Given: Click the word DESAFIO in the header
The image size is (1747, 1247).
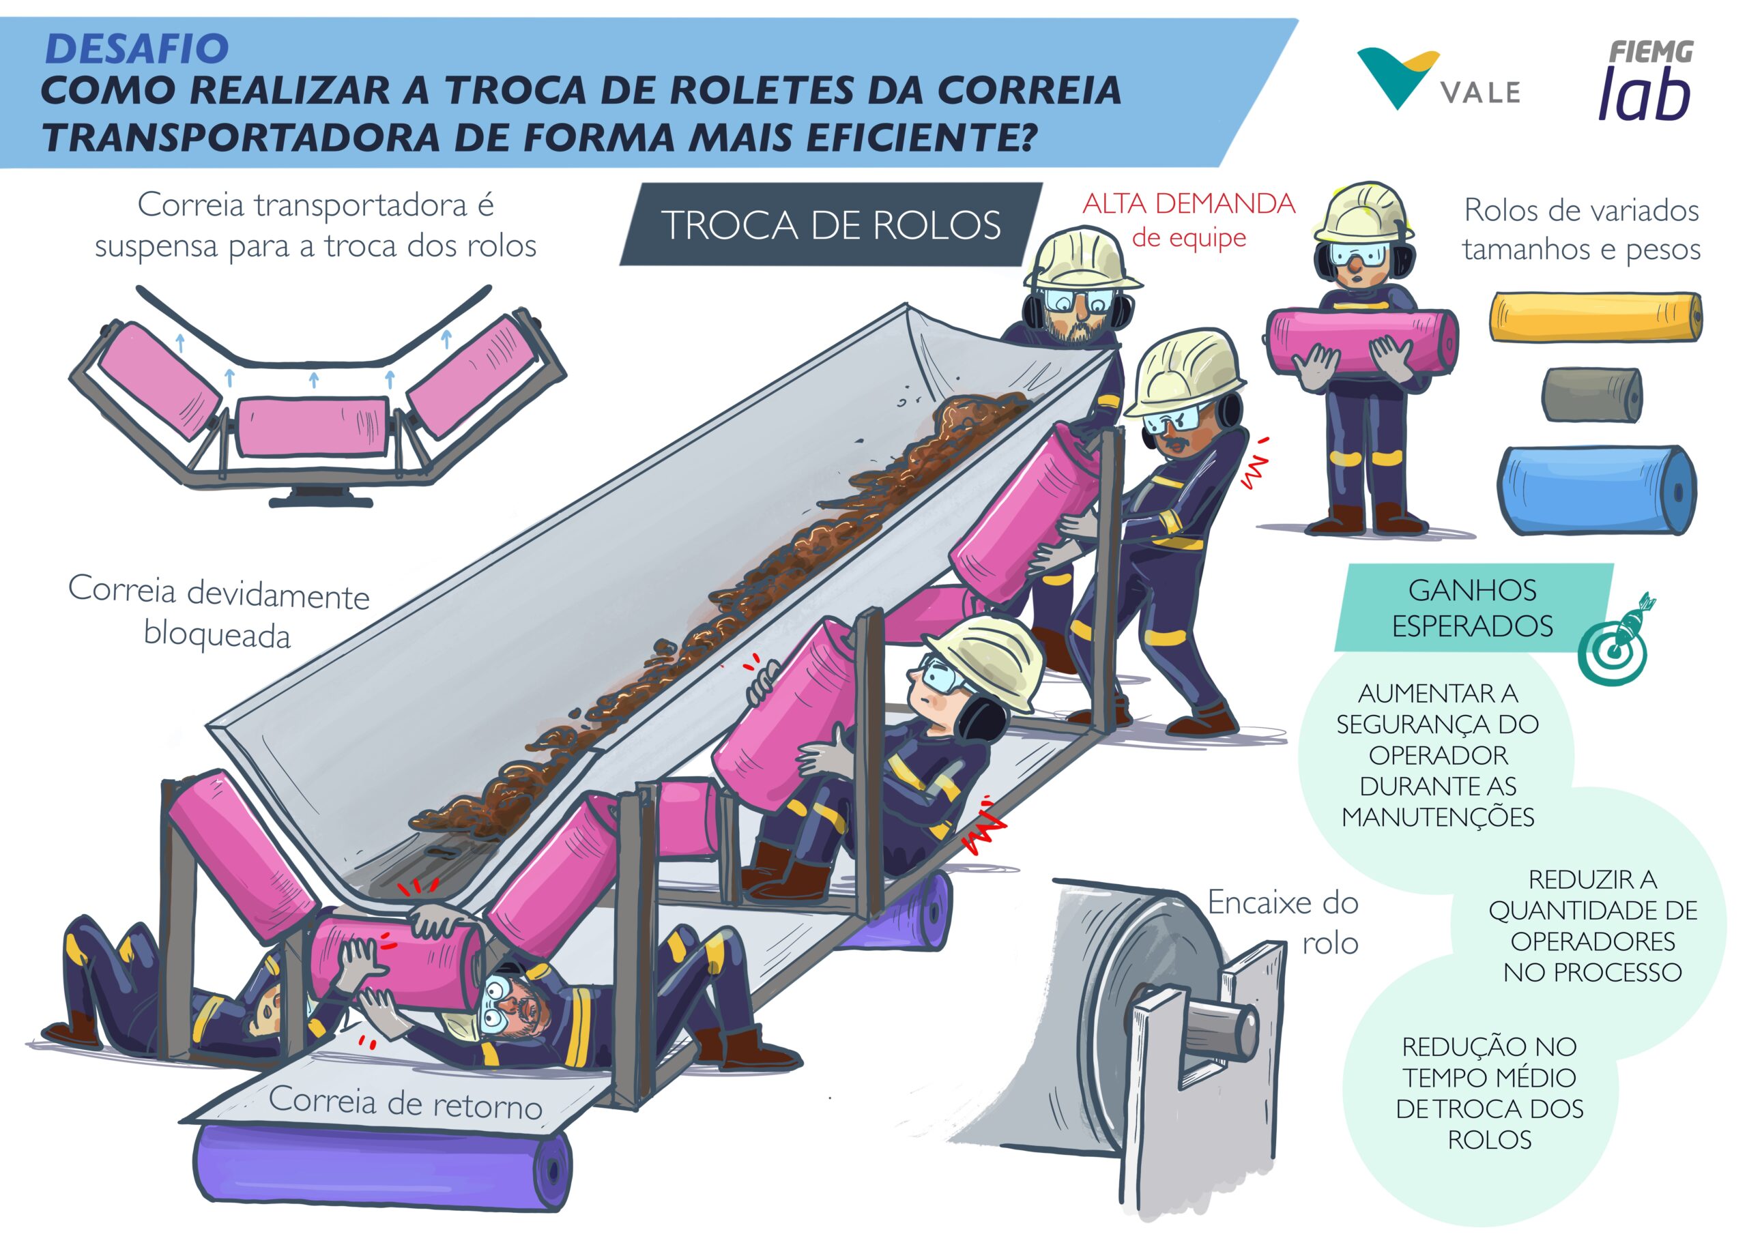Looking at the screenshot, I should coord(136,49).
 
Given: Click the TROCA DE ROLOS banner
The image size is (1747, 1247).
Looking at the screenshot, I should coord(831,224).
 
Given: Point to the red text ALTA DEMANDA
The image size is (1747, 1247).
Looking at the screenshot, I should coord(1188,204).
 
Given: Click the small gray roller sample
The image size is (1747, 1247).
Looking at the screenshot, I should coord(1591,395).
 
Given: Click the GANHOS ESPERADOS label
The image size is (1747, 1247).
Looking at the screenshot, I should coord(1472,607).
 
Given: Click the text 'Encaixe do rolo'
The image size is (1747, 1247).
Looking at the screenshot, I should coord(1282,922).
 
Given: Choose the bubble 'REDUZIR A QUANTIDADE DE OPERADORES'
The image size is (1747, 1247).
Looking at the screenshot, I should coord(1592,925).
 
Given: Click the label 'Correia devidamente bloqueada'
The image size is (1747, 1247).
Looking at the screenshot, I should coord(219,612).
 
